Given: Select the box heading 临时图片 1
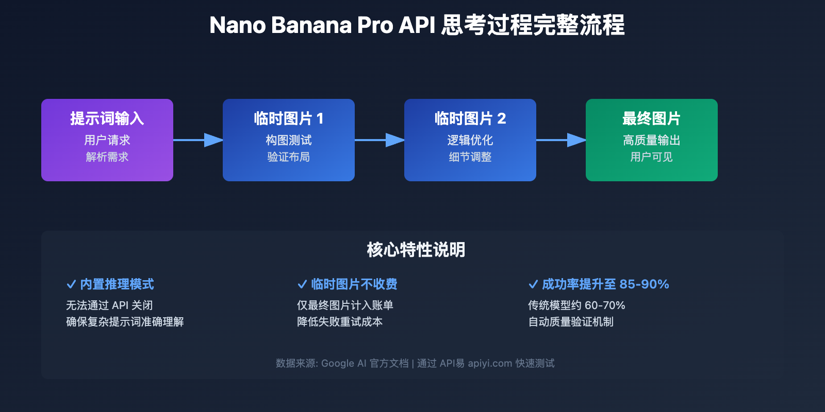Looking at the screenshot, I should [288, 118].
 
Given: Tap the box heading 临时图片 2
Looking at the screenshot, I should [470, 118].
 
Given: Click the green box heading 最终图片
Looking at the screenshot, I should [651, 118].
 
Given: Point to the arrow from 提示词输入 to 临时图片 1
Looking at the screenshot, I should [198, 140].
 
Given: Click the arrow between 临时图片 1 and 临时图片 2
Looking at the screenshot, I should [379, 140].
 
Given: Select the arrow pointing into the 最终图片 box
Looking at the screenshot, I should [561, 140].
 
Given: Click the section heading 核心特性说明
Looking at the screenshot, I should [416, 250].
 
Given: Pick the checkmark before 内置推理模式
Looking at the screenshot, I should [71, 284].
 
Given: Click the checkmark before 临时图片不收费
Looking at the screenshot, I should [302, 284].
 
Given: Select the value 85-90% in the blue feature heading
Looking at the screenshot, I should [644, 284].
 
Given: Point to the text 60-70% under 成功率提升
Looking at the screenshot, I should [605, 305].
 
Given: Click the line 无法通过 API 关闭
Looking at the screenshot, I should [109, 305].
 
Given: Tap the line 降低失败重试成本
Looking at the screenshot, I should [340, 322].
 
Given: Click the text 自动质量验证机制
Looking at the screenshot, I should [571, 322].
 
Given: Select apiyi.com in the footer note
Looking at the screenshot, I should [490, 364].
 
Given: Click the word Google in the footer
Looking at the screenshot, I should [337, 364].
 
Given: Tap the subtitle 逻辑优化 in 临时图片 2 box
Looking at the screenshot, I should [470, 140].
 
